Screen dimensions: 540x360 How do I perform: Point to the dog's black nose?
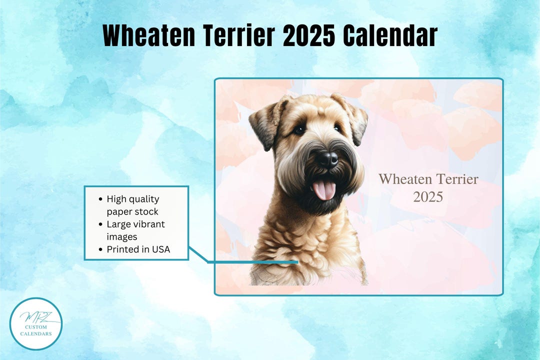click(327, 159)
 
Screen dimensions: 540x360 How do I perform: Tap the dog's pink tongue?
click(324, 189)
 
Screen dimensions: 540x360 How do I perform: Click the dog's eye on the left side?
click(299, 130)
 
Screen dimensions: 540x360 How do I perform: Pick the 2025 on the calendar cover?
click(428, 197)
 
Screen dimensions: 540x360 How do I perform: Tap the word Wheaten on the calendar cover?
click(405, 179)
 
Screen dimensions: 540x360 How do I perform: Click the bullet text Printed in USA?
click(138, 249)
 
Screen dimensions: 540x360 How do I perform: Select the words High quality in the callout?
click(133, 199)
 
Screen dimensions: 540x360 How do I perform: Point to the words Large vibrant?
click(135, 224)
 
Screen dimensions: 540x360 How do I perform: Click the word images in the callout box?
click(122, 237)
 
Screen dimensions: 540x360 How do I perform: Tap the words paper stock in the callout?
click(132, 212)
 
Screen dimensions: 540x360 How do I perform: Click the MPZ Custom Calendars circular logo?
click(36, 324)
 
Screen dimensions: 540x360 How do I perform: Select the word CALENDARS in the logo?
click(36, 334)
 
